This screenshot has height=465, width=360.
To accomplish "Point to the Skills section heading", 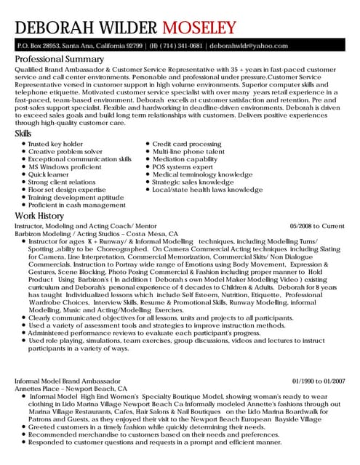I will [23, 134].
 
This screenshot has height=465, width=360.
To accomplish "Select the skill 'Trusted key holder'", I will [55, 144].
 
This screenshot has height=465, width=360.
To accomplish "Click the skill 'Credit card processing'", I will [187, 144].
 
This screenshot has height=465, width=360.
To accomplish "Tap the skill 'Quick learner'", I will [49, 174].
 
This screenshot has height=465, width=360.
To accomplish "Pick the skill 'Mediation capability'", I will [185, 159].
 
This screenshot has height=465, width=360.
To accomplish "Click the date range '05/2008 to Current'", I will [317, 227].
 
